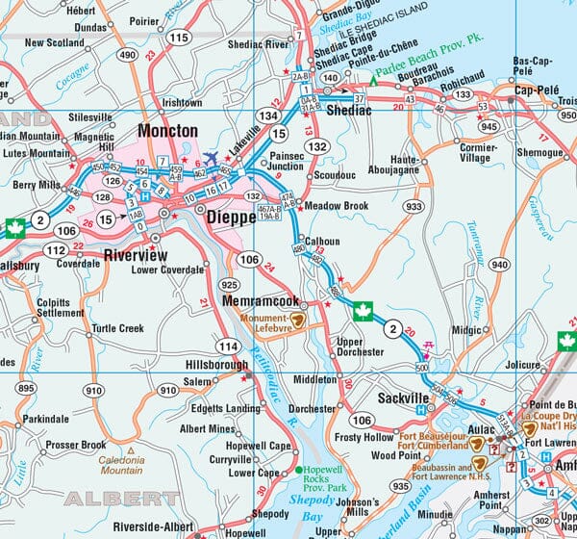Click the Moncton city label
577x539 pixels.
pos(167,130)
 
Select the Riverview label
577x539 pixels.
pos(135,255)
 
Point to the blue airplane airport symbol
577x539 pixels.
pos(211,157)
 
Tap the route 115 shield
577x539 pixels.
pos(178,38)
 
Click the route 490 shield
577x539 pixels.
pos(127,55)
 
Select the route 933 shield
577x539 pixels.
pos(414,207)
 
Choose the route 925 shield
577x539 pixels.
pos(229,286)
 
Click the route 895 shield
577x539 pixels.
pos(25,387)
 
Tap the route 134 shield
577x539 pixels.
pos(268,116)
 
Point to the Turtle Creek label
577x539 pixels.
pos(118,328)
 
